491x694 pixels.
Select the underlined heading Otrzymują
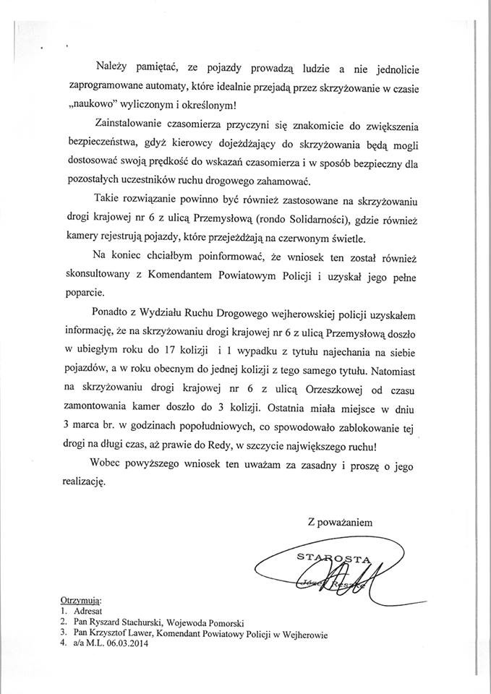(81, 601)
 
